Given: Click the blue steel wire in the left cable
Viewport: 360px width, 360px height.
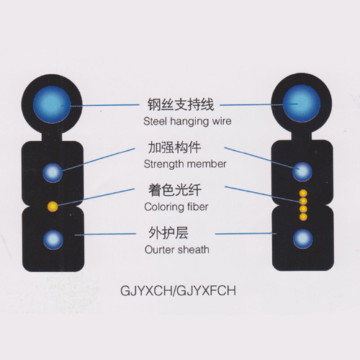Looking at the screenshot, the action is (x=52, y=104).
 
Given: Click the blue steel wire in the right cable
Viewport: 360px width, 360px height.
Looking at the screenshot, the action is (x=302, y=103).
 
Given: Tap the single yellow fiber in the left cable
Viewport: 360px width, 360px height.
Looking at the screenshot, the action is (x=53, y=207).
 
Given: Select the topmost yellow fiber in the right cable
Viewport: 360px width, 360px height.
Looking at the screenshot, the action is (x=303, y=193).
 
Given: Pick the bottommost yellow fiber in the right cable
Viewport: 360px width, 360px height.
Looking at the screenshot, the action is (x=303, y=217).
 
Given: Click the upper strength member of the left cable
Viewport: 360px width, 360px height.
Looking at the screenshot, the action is (x=53, y=173).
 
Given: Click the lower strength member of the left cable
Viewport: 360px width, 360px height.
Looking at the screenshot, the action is (x=53, y=240).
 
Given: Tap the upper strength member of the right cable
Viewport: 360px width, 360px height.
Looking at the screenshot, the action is (x=302, y=171).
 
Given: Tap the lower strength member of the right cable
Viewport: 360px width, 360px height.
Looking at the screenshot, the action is (x=303, y=239).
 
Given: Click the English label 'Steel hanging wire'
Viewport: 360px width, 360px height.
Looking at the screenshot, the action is (x=187, y=121).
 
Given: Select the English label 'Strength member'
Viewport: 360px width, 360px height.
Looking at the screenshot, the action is (x=185, y=164).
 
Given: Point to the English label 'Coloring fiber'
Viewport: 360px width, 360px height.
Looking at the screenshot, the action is (x=176, y=207).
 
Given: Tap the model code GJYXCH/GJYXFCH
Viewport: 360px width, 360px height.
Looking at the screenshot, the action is (x=179, y=291).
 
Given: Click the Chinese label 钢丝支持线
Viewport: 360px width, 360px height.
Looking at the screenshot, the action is (x=181, y=104).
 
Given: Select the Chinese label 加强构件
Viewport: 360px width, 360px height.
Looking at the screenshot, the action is (x=174, y=147).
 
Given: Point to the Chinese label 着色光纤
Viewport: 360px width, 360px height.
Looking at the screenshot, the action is (x=175, y=190).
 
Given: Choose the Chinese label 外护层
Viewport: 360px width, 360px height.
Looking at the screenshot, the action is (x=168, y=233).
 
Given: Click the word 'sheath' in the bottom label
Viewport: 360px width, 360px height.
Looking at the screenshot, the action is (x=194, y=250).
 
